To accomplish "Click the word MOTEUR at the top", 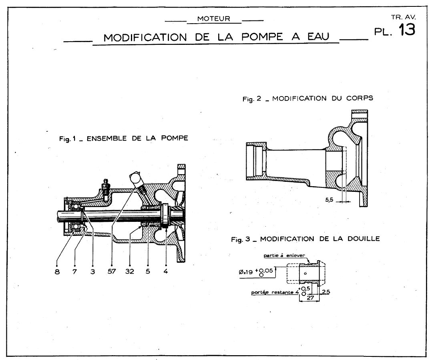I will pyautogui.click(x=214, y=19).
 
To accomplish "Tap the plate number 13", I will pyautogui.click(x=404, y=30).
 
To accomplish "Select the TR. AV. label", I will pyautogui.click(x=404, y=17).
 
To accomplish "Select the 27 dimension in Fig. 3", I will pyautogui.click(x=309, y=298).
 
